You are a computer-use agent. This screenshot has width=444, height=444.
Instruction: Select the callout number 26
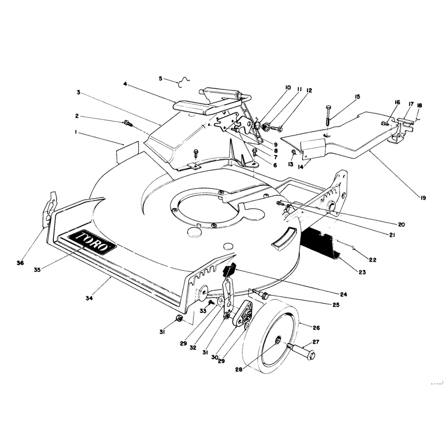click(x=316, y=327)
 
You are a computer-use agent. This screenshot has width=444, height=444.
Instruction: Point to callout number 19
click(x=423, y=198)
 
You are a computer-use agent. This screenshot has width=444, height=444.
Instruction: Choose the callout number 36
click(x=20, y=263)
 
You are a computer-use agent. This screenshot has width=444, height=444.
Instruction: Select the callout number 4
click(x=125, y=84)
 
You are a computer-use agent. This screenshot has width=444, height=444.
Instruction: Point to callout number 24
click(x=344, y=295)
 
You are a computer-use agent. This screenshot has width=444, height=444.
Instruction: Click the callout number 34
click(x=89, y=298)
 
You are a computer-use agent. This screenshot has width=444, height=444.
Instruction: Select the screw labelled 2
click(x=128, y=124)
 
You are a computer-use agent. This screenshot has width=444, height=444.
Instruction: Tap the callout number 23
click(x=362, y=272)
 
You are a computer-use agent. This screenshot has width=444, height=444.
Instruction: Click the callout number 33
click(x=203, y=311)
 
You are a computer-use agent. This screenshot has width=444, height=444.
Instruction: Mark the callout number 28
click(x=239, y=370)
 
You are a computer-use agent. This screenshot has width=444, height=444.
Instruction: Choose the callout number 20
click(x=401, y=225)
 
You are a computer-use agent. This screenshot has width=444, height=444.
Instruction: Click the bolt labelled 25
click(x=261, y=294)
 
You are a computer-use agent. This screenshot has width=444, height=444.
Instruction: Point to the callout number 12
click(x=309, y=90)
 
